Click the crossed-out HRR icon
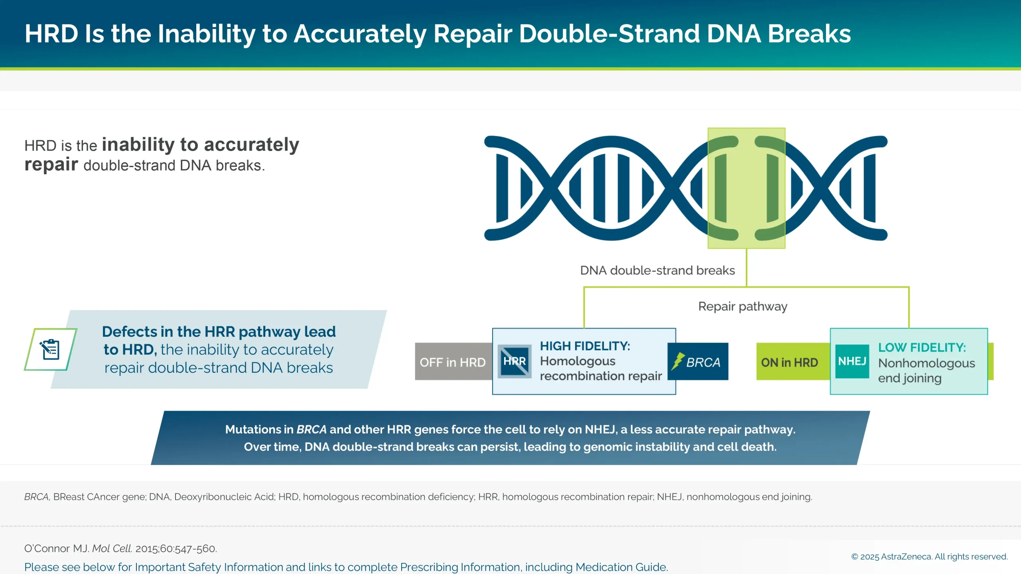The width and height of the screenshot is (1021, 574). point(514,361)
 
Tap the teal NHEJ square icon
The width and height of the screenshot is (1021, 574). point(852,361)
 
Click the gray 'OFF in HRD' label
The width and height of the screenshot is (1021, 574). point(452,362)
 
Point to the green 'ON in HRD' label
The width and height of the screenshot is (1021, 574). point(789,362)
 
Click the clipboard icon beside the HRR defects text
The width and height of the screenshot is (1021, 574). point(51,349)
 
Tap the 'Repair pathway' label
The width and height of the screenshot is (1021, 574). point(743,306)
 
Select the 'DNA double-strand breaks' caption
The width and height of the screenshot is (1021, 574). point(657,270)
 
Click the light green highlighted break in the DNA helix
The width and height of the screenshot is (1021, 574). point(746,188)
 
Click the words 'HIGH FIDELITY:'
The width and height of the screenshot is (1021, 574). point(585,346)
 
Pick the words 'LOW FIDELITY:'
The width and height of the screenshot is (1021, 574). point(922,347)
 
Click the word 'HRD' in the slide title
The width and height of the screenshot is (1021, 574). point(51,33)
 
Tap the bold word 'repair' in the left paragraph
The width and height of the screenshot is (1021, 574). point(51,165)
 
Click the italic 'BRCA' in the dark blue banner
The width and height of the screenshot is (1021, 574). point(311,429)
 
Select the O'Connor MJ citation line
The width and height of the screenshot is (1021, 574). point(120,548)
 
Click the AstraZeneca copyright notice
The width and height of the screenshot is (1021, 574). point(929,556)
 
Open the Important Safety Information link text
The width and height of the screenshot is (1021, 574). point(345,567)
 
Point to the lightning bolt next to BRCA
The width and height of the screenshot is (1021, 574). point(678,361)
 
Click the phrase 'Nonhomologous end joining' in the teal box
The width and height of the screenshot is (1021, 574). point(926,370)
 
